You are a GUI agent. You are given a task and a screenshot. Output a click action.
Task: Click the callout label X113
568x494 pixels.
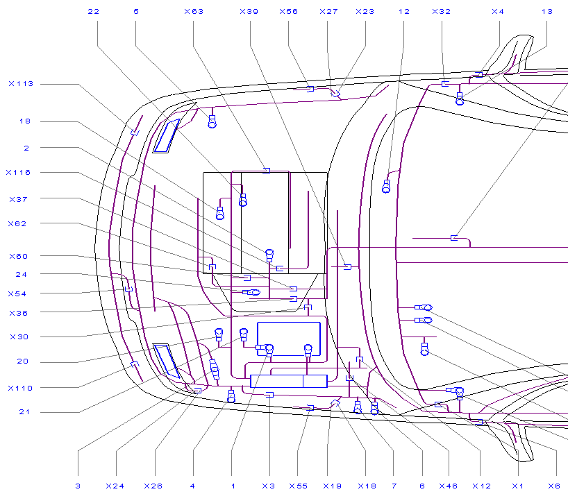coord(21,84)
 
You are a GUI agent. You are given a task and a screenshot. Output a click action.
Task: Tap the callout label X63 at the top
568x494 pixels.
coord(194,12)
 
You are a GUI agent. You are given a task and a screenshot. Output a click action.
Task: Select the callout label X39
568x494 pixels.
coord(249,12)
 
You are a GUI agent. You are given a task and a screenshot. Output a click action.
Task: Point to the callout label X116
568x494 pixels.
coord(19,173)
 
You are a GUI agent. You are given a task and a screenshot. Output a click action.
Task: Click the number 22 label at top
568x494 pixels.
coord(94,12)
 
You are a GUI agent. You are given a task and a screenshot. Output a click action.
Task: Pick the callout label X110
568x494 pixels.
coord(20,389)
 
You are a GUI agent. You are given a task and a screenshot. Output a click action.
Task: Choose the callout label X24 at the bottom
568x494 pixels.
coord(115,486)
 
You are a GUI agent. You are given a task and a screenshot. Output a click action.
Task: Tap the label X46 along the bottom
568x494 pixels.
coord(448,486)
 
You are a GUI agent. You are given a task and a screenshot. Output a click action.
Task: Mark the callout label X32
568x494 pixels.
coord(442,12)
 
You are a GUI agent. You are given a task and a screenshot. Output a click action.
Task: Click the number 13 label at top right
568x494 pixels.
coord(547,12)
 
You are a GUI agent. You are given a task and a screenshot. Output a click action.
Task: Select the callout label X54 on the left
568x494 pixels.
coord(17,294)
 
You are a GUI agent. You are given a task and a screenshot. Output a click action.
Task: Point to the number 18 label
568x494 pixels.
coord(25,121)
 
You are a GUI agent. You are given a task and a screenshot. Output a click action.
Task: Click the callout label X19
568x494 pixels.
coord(332,486)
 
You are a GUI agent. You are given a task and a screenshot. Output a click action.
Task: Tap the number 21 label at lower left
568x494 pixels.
coord(24,412)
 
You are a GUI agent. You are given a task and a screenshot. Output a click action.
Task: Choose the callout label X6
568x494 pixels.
coord(554,486)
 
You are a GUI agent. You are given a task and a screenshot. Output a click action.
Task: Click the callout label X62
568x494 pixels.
coord(17,224)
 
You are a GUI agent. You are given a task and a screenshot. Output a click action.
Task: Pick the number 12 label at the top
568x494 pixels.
coord(404,12)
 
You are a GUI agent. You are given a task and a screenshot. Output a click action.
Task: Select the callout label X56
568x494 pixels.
coord(288,12)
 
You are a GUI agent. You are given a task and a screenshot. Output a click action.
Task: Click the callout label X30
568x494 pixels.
coord(19,337)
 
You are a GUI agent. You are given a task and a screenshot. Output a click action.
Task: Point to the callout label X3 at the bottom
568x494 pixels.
coord(269,486)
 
